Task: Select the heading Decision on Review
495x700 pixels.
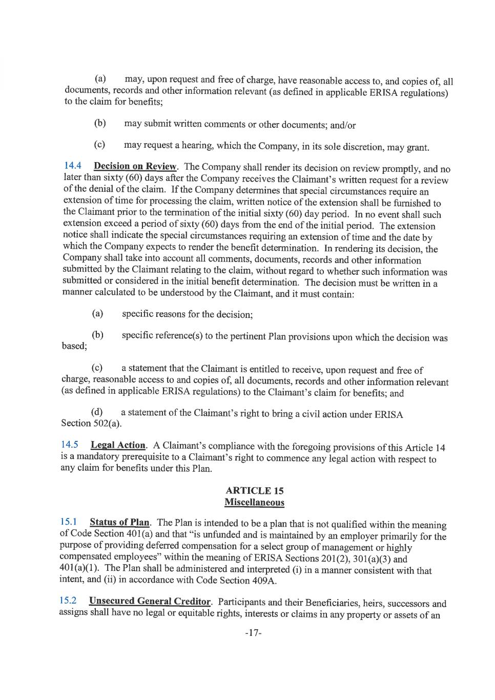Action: tap(135, 167)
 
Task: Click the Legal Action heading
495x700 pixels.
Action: tap(118, 445)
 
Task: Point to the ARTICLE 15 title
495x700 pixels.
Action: tap(255, 491)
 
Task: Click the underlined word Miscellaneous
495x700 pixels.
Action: tap(255, 503)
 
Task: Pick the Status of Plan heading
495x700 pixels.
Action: tap(119, 523)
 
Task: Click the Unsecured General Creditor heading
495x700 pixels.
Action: tap(150, 601)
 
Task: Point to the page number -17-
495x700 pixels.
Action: tap(253, 633)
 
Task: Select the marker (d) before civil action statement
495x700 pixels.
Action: tap(96, 412)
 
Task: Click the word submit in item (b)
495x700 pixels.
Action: tap(157, 124)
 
